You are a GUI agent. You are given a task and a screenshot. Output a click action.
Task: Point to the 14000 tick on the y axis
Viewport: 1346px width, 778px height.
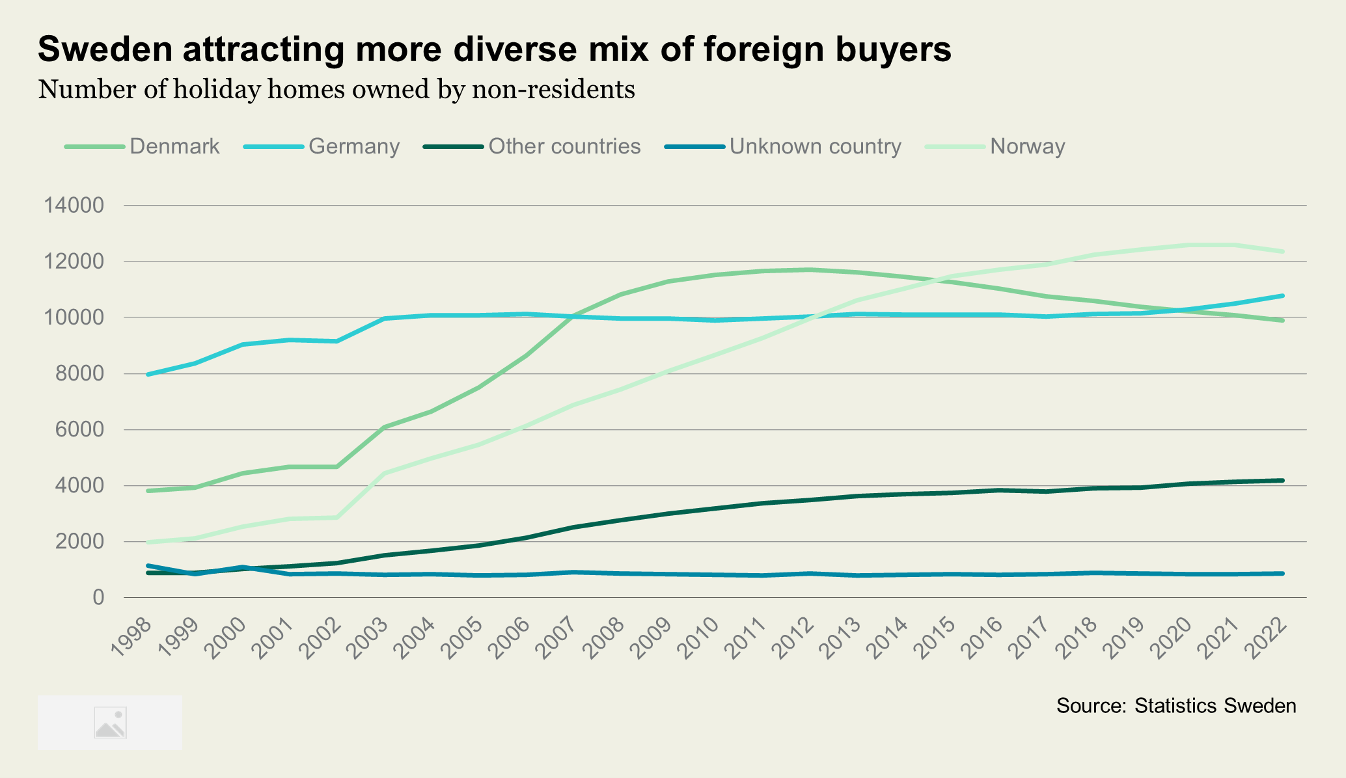[74, 206]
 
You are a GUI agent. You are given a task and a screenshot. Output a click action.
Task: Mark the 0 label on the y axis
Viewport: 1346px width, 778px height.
[98, 597]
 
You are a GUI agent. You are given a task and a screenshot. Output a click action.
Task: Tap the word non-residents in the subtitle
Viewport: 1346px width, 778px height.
[553, 90]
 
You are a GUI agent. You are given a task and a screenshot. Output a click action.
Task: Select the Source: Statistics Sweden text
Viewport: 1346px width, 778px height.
[1176, 706]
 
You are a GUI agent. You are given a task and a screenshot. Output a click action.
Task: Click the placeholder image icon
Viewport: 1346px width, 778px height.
[110, 723]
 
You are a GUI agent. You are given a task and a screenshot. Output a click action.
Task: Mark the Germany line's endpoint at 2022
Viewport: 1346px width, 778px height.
[1282, 296]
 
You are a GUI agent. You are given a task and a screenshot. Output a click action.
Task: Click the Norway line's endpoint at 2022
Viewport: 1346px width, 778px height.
[1282, 252]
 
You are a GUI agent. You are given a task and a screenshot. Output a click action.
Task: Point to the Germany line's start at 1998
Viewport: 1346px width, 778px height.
[148, 375]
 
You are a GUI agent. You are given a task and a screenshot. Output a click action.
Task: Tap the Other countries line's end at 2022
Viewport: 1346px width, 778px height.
[1282, 481]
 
